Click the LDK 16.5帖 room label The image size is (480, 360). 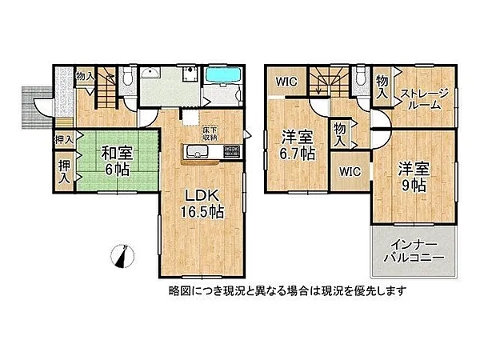click(x=202, y=204)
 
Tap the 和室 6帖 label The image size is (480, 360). click(x=118, y=162)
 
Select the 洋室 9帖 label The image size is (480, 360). click(x=414, y=178)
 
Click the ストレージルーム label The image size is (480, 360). click(x=424, y=99)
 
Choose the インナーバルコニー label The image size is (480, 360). click(x=414, y=251)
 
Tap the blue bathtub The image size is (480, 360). click(x=222, y=75)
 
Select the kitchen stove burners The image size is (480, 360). click(x=232, y=151)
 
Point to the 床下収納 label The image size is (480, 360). click(x=210, y=134)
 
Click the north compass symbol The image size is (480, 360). click(x=122, y=257)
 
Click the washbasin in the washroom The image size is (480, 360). click(x=150, y=74)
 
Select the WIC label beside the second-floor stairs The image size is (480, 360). click(x=286, y=82)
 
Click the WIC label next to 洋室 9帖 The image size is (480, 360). click(x=350, y=171)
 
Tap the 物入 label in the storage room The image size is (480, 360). click(x=382, y=86)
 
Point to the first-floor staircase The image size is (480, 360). click(x=107, y=87)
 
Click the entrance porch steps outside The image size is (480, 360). click(x=37, y=107)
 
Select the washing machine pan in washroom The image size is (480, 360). click(x=190, y=74)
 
